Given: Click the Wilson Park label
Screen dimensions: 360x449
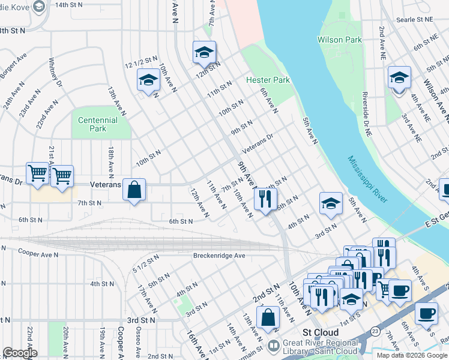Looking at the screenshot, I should [x=339, y=40].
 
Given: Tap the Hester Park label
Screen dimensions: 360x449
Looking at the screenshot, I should [x=268, y=80].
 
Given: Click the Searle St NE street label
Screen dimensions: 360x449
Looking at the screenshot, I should [x=415, y=20].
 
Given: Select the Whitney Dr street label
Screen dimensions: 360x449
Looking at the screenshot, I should [x=55, y=73].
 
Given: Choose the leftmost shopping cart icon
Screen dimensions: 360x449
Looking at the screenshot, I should [x=37, y=173].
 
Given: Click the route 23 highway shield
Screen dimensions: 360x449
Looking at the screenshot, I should [x=375, y=331].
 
